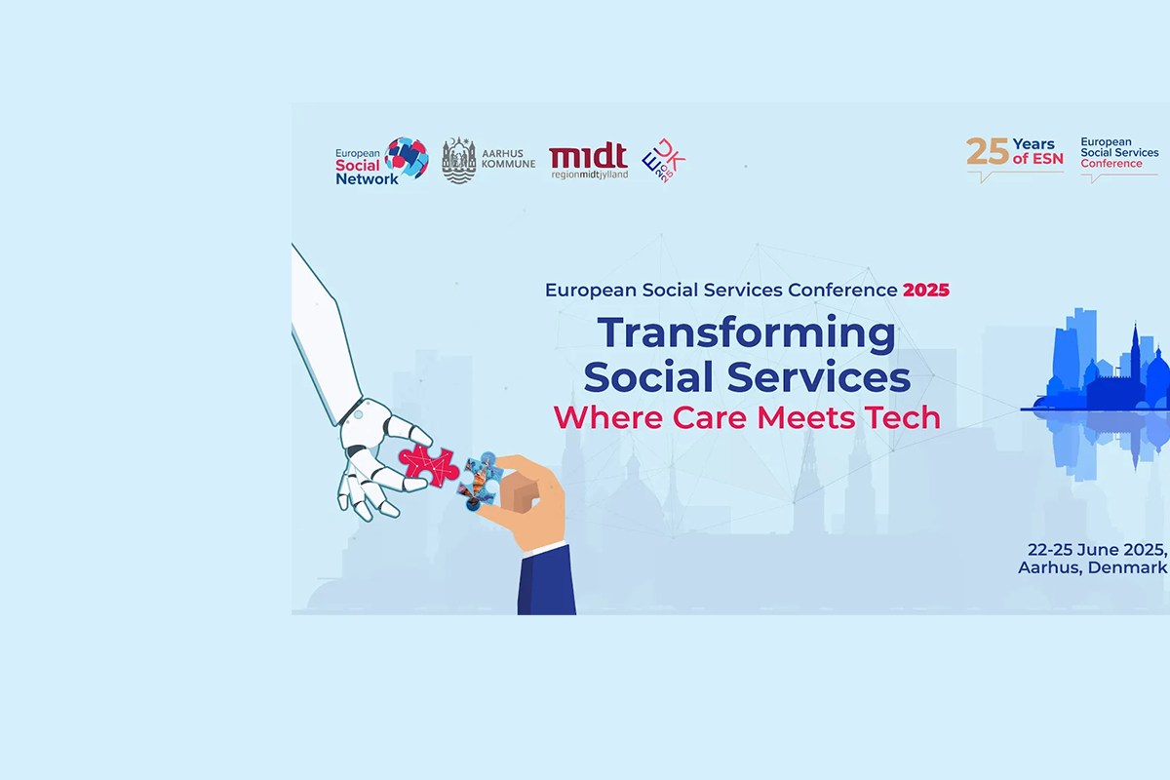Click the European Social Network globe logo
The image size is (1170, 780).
(407, 159)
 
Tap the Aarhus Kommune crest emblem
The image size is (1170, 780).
(458, 161)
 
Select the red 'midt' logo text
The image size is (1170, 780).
(588, 156)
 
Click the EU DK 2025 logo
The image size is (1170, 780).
(663, 161)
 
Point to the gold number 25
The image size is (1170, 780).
(987, 152)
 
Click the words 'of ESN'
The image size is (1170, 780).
(1037, 159)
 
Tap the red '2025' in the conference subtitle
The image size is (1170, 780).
(926, 290)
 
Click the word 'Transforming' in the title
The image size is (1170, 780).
(747, 334)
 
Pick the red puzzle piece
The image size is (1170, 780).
(429, 465)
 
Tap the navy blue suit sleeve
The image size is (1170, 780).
(546, 579)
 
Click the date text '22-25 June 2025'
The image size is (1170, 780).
(1097, 550)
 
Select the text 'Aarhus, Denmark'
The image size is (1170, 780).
(1092, 567)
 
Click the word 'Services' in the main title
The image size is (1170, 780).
(818, 376)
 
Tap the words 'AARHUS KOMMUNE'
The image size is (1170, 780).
(508, 159)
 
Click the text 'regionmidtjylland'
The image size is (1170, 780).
(590, 175)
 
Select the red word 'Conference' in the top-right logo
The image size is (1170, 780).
(1111, 164)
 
